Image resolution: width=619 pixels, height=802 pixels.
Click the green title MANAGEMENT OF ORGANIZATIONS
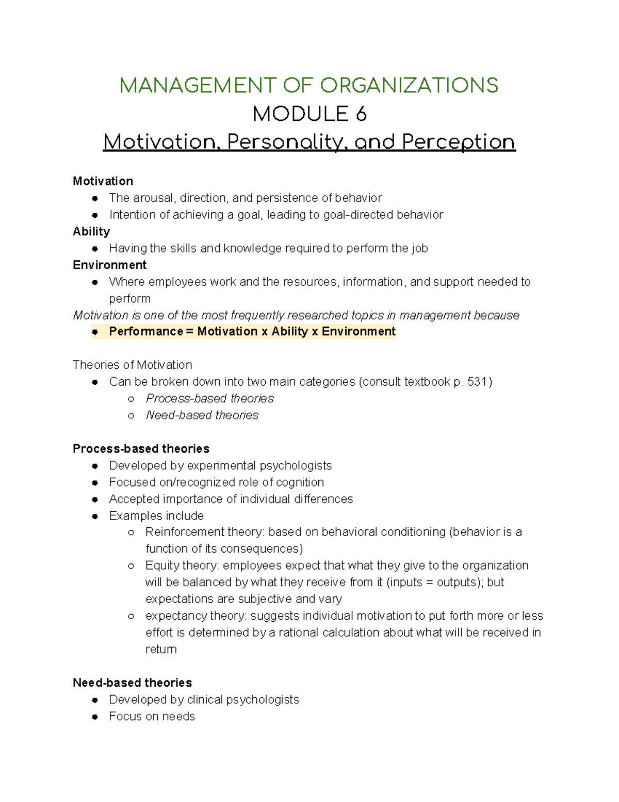click(309, 86)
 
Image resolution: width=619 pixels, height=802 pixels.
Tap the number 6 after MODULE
click(361, 114)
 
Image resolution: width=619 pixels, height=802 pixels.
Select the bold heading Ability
click(91, 231)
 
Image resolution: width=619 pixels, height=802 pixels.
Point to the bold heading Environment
click(109, 265)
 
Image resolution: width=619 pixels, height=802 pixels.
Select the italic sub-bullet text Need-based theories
click(202, 415)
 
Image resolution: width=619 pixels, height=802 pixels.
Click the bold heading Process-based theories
click(141, 449)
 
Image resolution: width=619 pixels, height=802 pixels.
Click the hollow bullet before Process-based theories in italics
click(132, 399)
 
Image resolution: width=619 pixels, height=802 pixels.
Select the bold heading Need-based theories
click(132, 683)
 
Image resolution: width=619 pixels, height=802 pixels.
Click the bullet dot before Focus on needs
click(95, 717)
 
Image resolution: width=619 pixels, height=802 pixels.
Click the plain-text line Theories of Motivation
click(132, 365)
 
